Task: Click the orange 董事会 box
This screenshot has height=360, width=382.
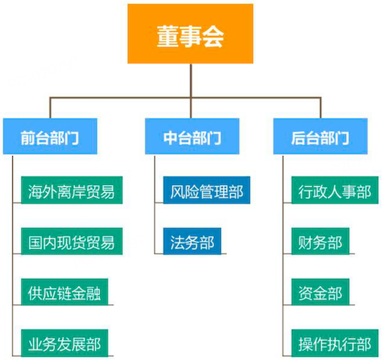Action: pos(190,34)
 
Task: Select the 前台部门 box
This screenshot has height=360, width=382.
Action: pos(50,136)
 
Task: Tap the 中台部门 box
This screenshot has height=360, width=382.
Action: pos(192,136)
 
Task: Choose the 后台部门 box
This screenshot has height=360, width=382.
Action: pos(320,136)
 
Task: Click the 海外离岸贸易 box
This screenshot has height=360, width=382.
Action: pos(72,190)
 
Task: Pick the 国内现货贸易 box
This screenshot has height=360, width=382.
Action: pos(72,242)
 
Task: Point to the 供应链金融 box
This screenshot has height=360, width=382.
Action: pos(64,292)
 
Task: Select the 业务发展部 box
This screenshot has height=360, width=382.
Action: pos(64,343)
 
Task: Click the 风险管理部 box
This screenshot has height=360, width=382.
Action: pos(206,190)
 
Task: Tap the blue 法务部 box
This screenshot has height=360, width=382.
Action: pos(192,242)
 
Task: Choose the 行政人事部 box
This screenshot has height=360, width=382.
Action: pos(335,190)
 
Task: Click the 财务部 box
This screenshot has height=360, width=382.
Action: pos(320,242)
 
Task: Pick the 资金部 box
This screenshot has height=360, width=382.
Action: pos(320,292)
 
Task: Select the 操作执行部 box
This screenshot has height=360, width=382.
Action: pos(335,343)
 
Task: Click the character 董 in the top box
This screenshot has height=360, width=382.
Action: pos(168,37)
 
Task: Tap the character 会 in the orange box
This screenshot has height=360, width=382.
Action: pos(213,37)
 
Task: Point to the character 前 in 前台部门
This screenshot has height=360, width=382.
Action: pos(28,138)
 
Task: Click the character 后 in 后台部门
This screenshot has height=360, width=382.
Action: pos(298,138)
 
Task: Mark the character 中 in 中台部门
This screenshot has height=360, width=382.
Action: pos(170,138)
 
